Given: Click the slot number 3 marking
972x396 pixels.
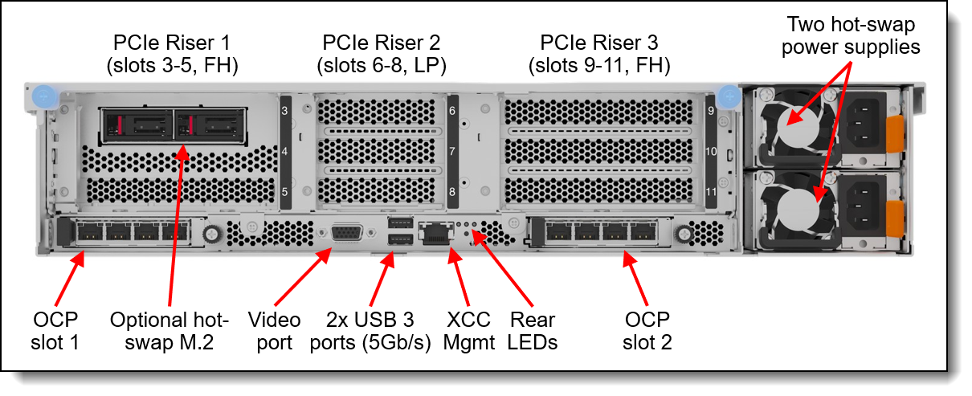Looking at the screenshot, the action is [x=284, y=111].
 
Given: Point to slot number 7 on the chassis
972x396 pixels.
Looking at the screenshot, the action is [x=452, y=151].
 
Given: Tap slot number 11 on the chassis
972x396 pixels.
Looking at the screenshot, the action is [x=711, y=192].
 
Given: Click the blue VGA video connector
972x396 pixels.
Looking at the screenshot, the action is [x=347, y=233].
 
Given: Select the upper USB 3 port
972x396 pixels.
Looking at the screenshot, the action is [x=400, y=223].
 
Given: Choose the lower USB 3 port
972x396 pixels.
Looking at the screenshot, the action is [x=400, y=239].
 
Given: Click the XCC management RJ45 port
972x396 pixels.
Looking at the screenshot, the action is [x=436, y=234].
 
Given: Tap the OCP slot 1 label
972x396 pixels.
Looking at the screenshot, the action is [x=55, y=331].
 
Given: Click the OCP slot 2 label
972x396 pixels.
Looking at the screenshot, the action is [x=647, y=331].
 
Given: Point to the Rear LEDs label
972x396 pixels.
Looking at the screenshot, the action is [x=533, y=331].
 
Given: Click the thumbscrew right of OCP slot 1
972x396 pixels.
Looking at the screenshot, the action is [x=211, y=235].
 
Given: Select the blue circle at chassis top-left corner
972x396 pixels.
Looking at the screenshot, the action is [x=44, y=96].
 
